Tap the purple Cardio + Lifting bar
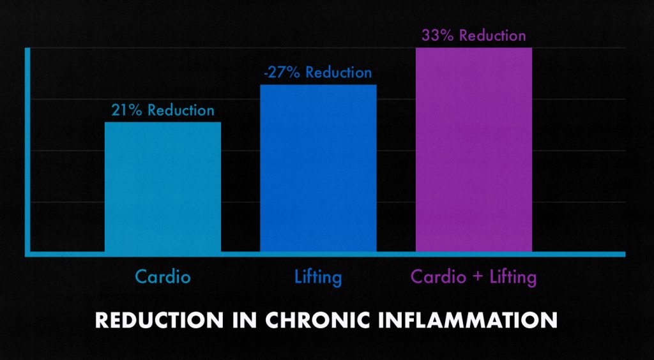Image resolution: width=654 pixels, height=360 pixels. coord(473,149)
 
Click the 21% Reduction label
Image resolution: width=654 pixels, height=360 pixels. coord(163,110)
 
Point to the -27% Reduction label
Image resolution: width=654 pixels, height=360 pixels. coord(317,73)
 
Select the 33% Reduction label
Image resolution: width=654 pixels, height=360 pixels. coord(473,35)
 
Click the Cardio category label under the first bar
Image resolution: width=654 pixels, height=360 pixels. coord(163,278)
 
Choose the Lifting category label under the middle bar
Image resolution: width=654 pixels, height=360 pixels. coord(318,278)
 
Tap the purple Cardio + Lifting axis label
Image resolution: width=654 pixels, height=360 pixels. coord(473,278)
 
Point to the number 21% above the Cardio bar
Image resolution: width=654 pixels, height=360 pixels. coord(126,110)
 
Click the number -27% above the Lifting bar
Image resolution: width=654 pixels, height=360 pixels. coord(282,73)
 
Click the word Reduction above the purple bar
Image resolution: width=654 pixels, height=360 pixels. coord(492,35)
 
